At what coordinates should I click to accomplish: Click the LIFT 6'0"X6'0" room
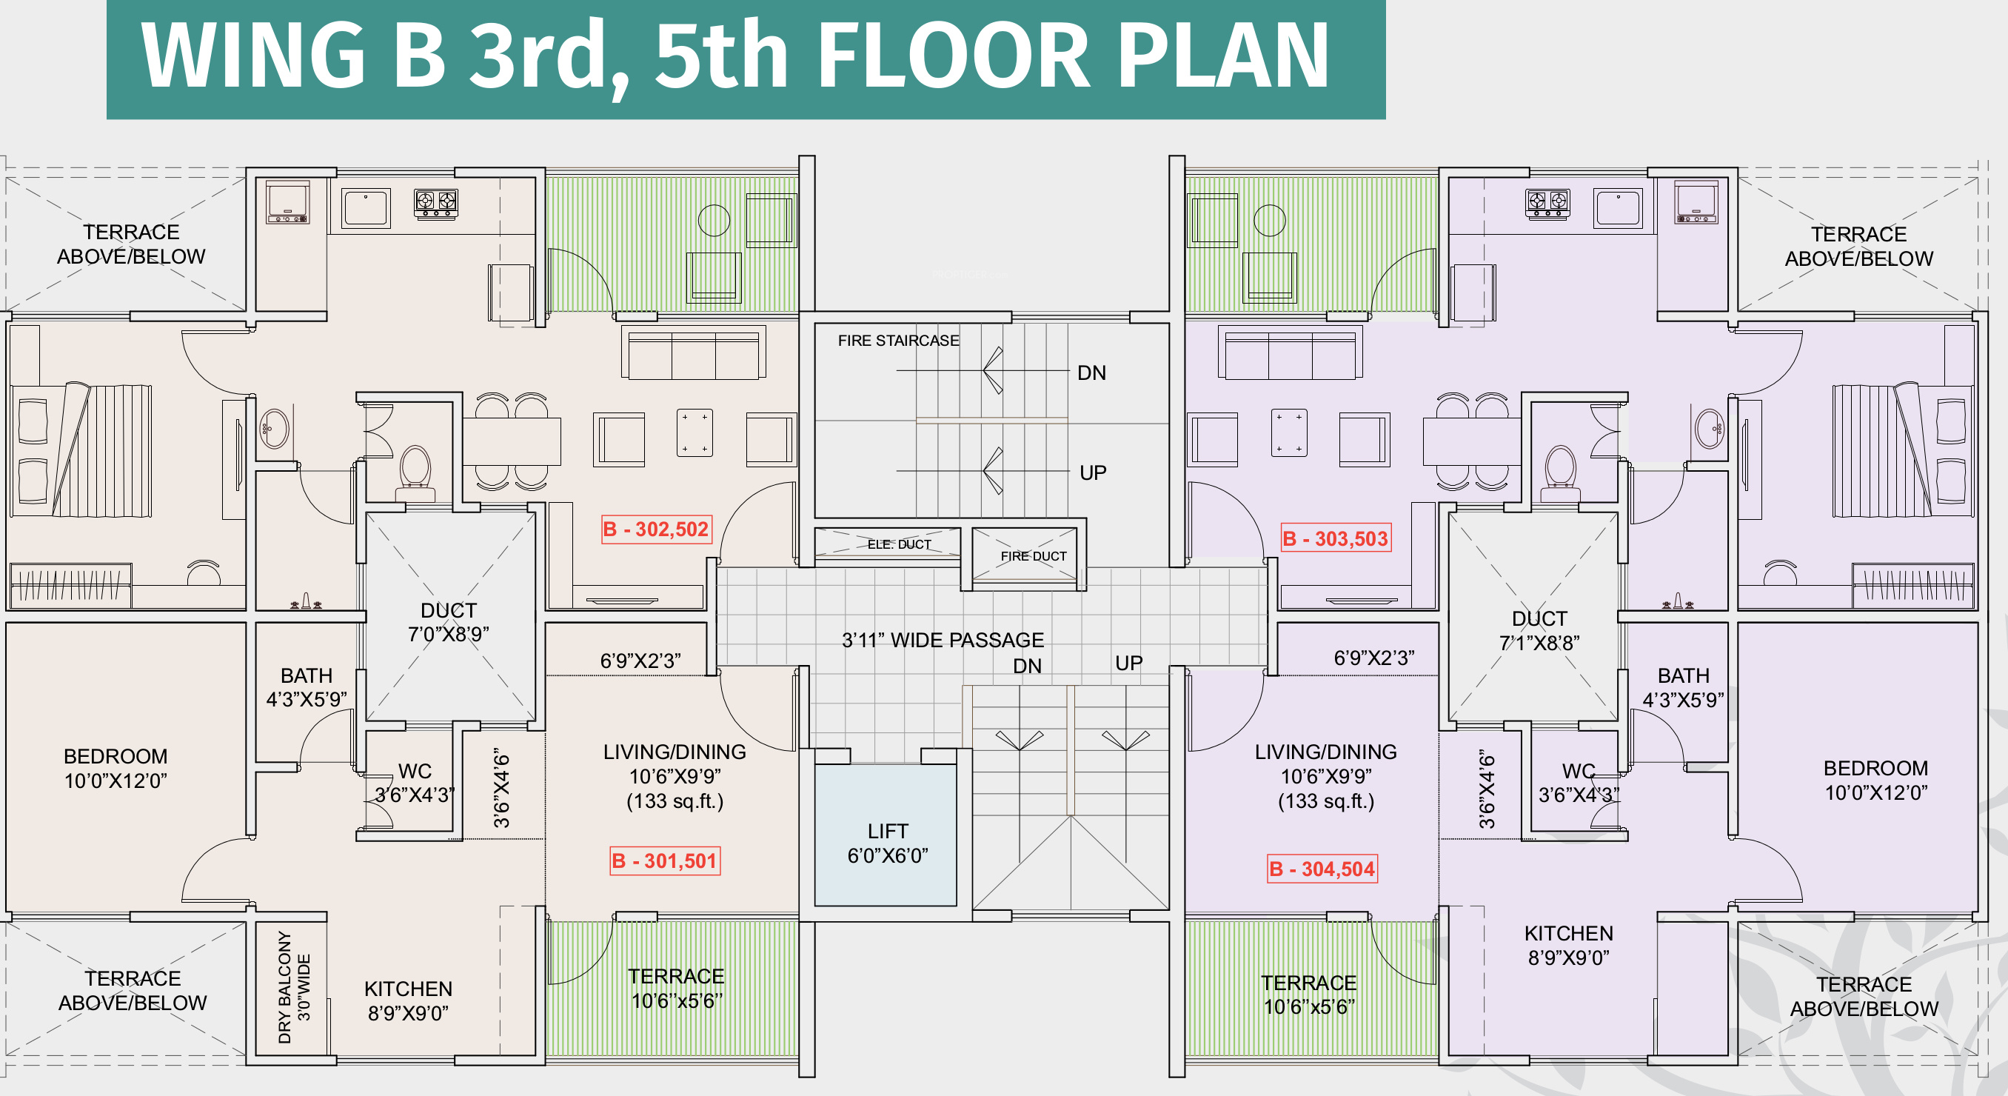[886, 835]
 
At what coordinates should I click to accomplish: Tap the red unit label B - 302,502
[656, 529]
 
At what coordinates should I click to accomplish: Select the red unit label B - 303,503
[1336, 538]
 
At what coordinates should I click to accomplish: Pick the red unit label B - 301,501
[665, 861]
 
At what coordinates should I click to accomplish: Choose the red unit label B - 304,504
[1322, 869]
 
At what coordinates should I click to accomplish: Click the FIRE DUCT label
[1033, 556]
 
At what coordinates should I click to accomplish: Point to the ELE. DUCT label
[899, 544]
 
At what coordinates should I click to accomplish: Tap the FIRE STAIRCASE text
[898, 341]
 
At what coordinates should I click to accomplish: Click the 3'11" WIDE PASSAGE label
[943, 640]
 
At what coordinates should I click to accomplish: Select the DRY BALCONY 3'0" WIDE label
[294, 987]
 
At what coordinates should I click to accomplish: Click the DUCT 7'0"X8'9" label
[448, 622]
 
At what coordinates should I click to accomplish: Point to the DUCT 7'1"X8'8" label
[1539, 631]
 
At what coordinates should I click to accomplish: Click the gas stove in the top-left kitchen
[436, 204]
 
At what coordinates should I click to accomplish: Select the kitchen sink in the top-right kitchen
[1618, 208]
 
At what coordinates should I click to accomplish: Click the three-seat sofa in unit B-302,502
[693, 353]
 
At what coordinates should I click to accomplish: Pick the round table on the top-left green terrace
[713, 220]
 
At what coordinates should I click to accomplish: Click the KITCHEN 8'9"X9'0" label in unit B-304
[1568, 945]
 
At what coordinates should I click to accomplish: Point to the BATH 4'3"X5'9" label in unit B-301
[307, 686]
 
